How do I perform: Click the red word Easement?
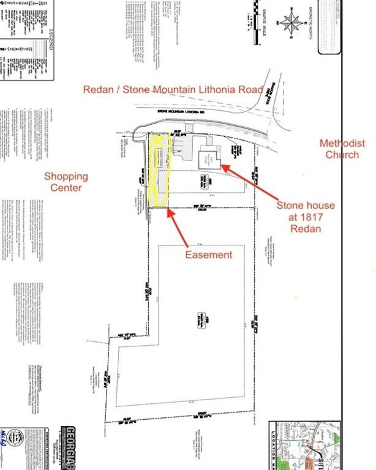(209, 254)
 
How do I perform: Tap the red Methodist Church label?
(342, 149)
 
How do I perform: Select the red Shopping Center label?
(66, 182)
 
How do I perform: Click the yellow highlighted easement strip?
(158, 171)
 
